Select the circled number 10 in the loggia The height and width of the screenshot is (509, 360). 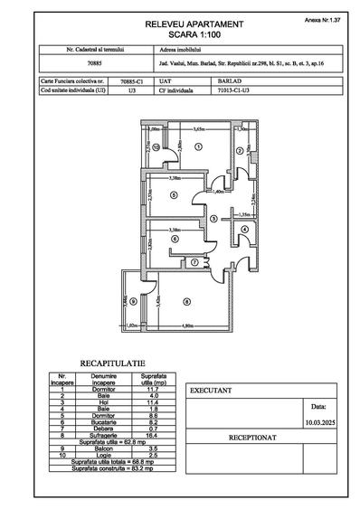point(156,146)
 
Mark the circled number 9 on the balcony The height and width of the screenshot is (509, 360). point(133,301)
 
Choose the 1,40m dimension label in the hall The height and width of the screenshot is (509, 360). point(217,192)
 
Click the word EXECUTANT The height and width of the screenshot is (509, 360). point(210,391)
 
